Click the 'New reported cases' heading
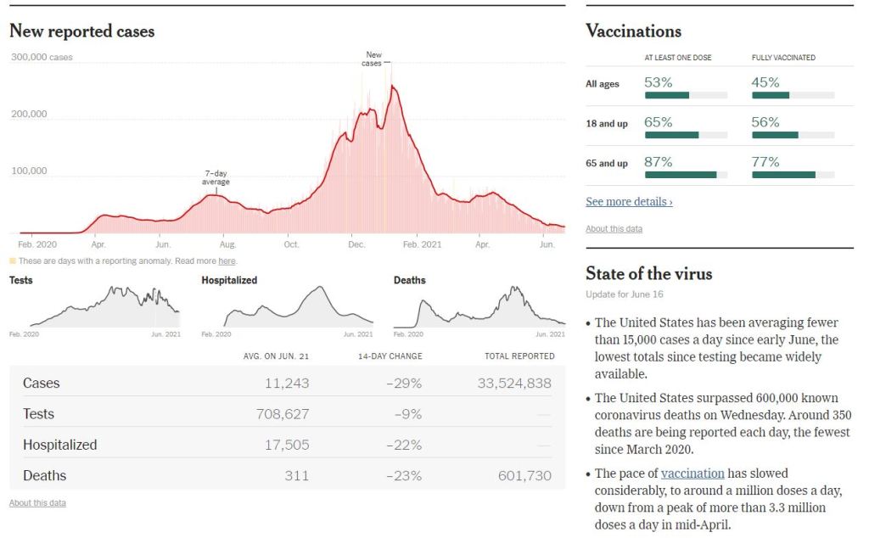click(81, 31)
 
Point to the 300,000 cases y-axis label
click(42, 58)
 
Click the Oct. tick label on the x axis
click(291, 244)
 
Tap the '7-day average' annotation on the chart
click(216, 177)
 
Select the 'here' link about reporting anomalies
click(227, 261)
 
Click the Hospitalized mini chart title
click(229, 280)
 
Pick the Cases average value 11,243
click(287, 383)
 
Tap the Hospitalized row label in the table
click(59, 445)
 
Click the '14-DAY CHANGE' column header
click(391, 356)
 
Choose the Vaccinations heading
click(633, 31)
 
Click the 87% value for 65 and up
click(659, 161)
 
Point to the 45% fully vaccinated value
click(765, 82)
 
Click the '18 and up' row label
click(607, 124)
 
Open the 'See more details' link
click(629, 202)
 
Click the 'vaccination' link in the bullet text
click(692, 474)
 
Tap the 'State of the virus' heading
click(648, 273)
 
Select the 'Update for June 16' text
click(625, 294)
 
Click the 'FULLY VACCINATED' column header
click(783, 58)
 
